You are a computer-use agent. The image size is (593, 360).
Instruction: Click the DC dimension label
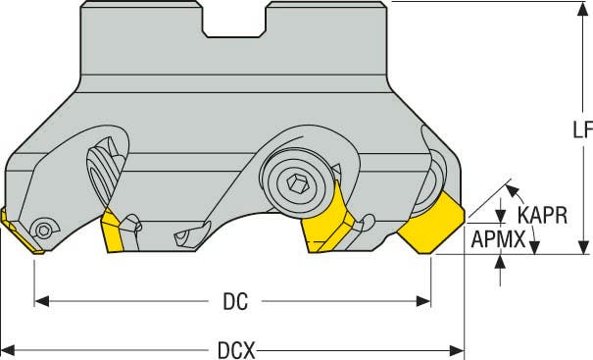[235, 302]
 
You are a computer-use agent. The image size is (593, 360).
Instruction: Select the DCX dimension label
[237, 350]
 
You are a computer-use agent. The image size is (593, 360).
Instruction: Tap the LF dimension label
[582, 130]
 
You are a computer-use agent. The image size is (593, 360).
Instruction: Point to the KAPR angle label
[542, 216]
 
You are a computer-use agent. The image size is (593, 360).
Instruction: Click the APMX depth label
[498, 239]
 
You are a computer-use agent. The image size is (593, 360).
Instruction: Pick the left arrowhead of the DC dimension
[41, 301]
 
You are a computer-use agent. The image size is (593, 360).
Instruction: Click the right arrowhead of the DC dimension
[423, 301]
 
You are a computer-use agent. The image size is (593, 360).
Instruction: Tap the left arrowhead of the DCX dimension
[8, 350]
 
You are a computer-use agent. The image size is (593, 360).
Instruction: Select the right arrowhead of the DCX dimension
[457, 350]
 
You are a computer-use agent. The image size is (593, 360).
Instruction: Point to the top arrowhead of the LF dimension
[583, 9]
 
